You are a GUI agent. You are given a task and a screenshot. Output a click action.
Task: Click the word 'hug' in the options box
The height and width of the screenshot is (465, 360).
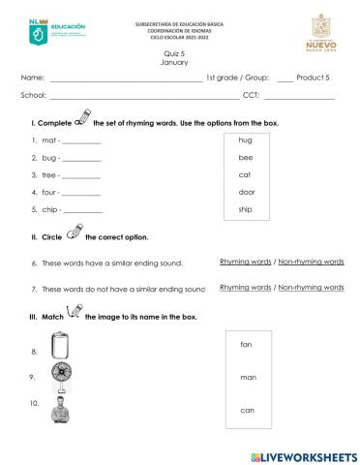pos(245,140)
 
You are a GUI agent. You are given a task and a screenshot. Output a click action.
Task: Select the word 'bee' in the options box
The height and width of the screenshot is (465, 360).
pos(245,157)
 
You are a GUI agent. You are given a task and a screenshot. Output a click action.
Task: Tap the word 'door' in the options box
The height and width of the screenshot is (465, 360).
pos(246,192)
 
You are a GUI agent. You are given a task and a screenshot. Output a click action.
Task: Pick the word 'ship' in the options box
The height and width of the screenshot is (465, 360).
pos(245,209)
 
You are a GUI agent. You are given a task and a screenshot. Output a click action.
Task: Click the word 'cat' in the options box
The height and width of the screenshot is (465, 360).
pos(245,174)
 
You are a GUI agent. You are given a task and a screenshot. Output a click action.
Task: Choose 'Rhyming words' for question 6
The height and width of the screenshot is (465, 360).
pos(245,262)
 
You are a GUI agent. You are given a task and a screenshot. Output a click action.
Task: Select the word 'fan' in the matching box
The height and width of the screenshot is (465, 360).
pos(246,344)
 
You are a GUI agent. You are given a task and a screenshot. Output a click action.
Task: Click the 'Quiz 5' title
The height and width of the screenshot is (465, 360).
pos(174,54)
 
